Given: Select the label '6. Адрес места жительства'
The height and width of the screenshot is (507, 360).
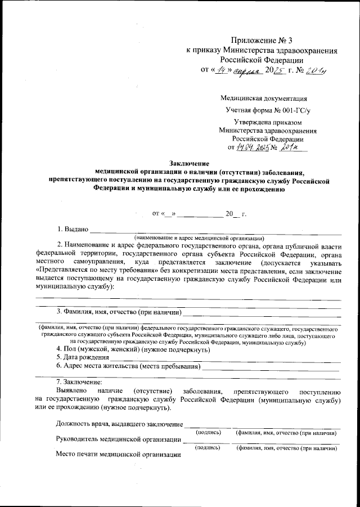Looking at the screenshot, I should click(x=101, y=366).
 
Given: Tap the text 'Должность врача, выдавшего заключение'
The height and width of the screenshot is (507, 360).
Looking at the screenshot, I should click(x=119, y=424).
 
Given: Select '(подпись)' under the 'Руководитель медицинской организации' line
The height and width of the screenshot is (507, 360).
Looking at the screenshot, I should click(x=208, y=448).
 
